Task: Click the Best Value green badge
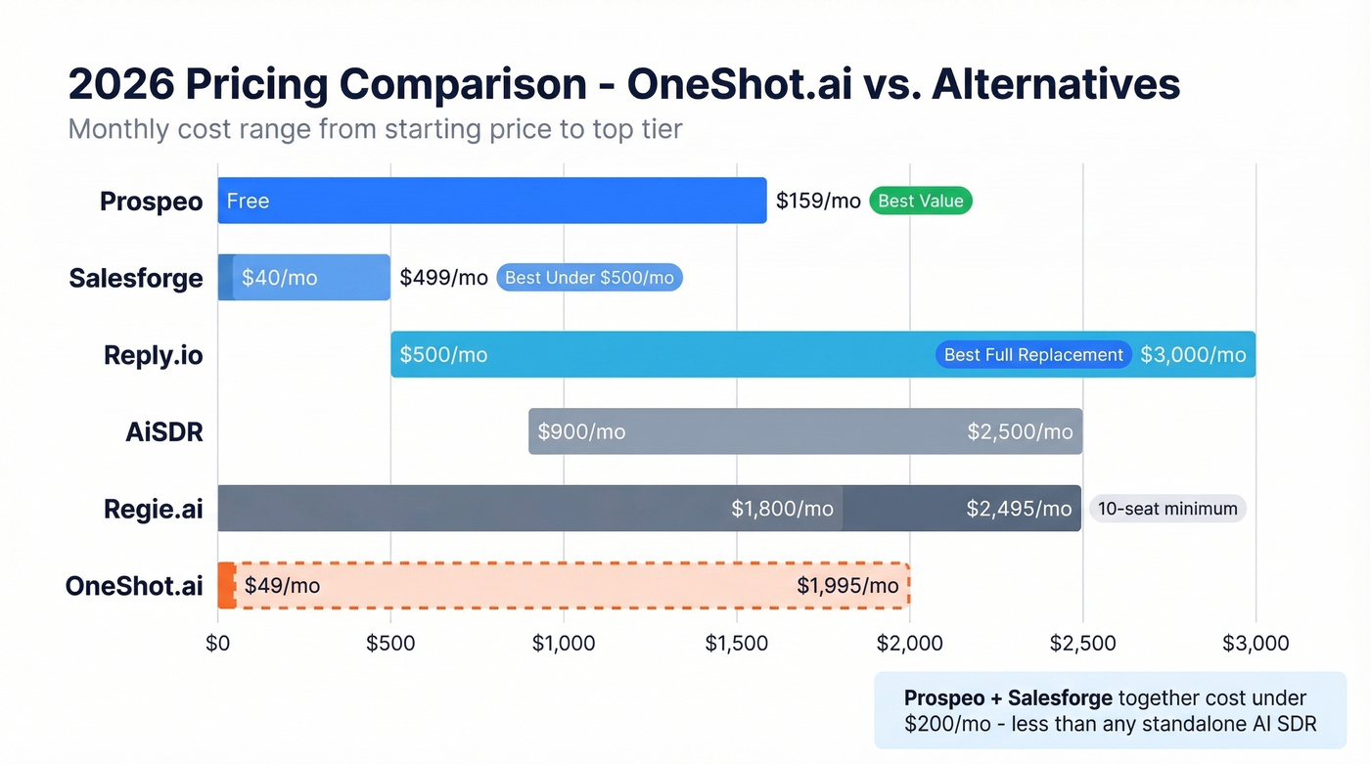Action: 920,202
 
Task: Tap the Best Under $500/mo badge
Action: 589,278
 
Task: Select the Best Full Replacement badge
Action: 1033,355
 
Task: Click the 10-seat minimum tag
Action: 1166,509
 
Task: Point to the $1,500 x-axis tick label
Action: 737,644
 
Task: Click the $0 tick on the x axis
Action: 218,644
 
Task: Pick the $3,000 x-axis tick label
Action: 1256,644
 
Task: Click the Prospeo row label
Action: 152,202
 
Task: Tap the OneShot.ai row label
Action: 134,586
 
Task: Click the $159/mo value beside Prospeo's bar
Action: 818,202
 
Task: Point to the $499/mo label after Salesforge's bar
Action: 443,278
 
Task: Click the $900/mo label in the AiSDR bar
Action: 581,432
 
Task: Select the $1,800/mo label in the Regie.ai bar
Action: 782,509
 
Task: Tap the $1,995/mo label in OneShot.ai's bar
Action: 847,586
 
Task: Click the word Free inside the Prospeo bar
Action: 248,202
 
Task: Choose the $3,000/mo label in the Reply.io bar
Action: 1193,355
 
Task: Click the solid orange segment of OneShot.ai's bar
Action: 226,586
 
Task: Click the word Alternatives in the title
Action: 1056,85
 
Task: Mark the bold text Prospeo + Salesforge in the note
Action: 1008,698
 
